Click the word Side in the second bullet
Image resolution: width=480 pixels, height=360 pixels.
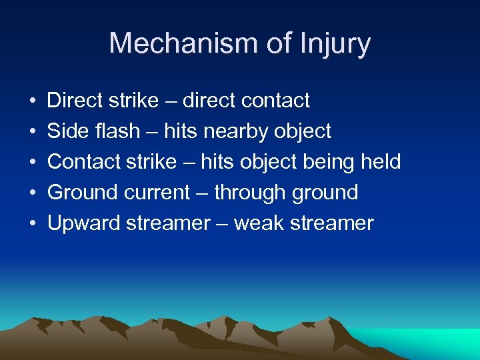63,131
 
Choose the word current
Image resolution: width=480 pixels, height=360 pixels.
157,193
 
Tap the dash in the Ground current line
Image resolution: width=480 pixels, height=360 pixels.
203,193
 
